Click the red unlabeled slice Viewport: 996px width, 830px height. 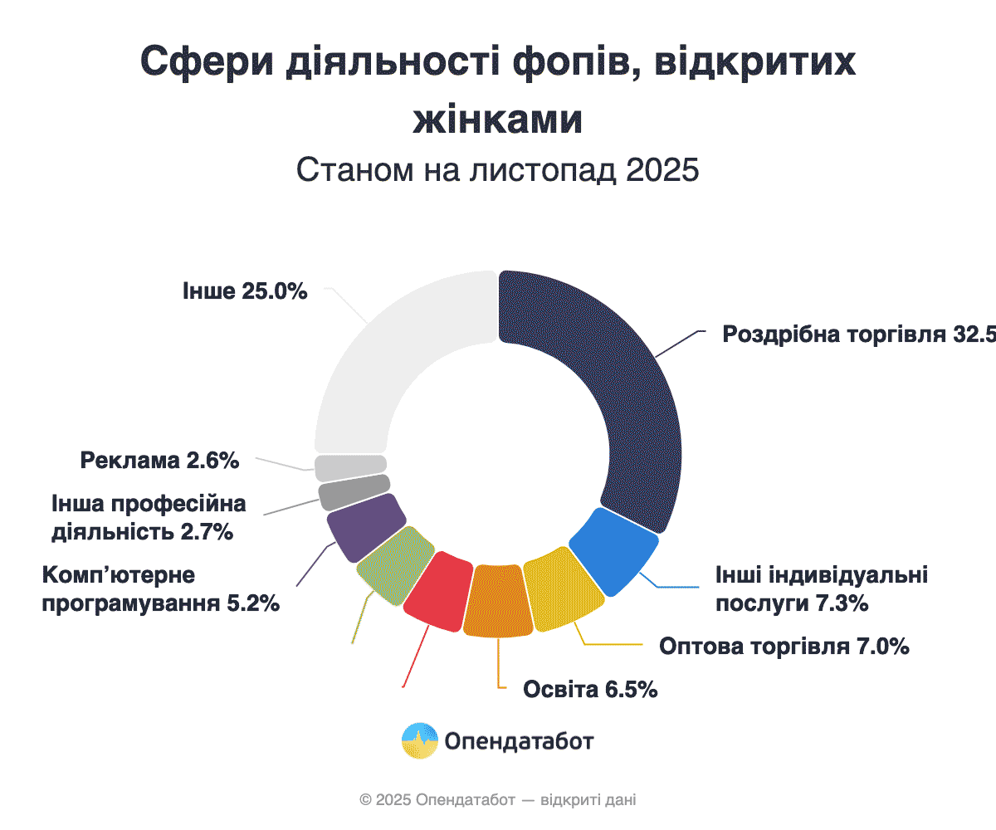click(436, 590)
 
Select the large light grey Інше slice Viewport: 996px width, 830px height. click(390, 357)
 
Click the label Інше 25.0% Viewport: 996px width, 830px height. click(245, 291)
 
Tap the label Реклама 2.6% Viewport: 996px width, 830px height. click(159, 460)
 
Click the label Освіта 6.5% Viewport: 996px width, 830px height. click(590, 690)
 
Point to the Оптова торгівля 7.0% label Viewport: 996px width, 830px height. click(784, 647)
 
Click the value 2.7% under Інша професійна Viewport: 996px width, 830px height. click(206, 532)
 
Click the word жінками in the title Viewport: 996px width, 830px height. click(497, 119)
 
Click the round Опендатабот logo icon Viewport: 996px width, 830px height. click(419, 740)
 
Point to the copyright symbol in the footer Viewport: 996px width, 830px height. click(365, 800)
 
